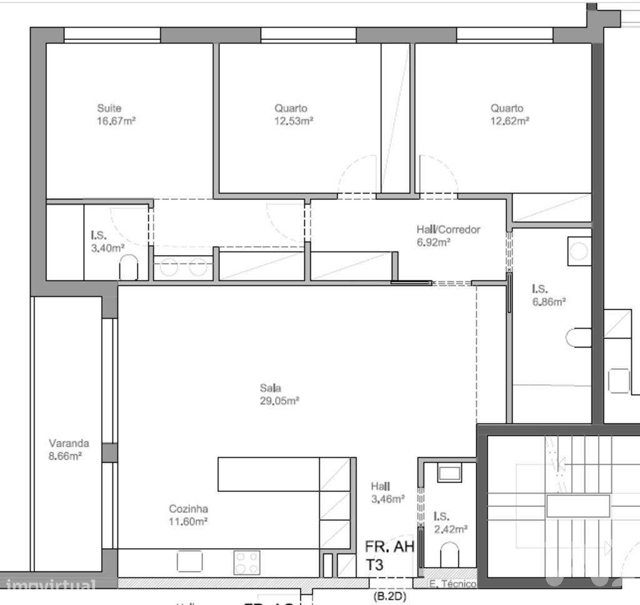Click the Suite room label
click(109, 108)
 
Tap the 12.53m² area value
click(294, 121)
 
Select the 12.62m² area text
click(510, 121)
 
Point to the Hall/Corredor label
click(448, 229)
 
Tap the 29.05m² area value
click(279, 401)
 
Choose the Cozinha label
click(188, 509)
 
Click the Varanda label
click(69, 443)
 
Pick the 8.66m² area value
click(66, 456)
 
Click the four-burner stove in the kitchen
click(247, 562)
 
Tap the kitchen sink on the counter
click(189, 561)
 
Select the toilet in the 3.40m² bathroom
click(129, 267)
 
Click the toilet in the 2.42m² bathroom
click(449, 554)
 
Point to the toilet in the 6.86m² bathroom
click(578, 338)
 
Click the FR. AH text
click(389, 547)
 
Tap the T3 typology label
click(375, 565)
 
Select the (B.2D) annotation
click(389, 597)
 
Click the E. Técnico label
click(452, 584)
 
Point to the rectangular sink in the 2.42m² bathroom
click(449, 472)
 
